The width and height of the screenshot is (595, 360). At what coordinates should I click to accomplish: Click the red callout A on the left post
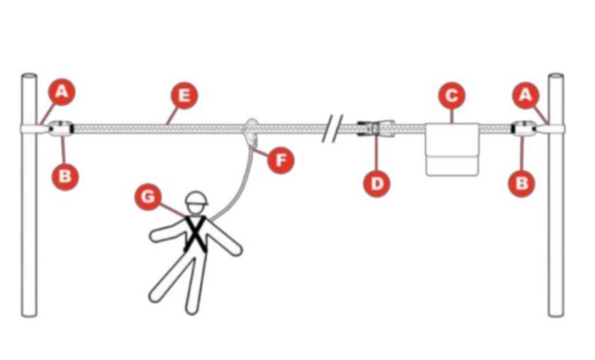tap(62, 91)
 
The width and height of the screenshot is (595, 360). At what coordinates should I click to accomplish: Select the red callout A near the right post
tap(525, 94)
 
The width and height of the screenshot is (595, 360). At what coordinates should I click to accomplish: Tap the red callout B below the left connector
tap(65, 176)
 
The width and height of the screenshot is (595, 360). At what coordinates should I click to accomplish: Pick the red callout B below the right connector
tap(522, 183)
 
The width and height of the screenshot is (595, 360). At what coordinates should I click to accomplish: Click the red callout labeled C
tap(451, 95)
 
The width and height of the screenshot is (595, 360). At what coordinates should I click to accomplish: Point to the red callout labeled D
tap(377, 184)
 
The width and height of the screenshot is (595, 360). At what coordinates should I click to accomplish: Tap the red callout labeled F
tap(282, 160)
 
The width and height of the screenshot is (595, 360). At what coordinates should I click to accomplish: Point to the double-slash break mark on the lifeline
tap(328, 128)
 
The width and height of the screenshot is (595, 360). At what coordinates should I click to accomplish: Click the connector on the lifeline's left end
tap(57, 129)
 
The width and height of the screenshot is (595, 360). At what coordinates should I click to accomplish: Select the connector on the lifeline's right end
tap(524, 129)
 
